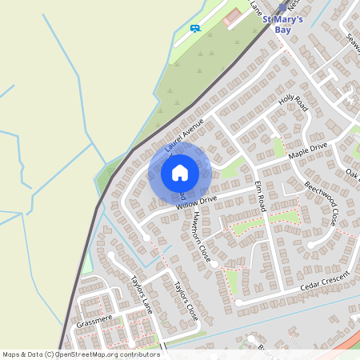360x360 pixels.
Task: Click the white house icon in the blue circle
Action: click(x=180, y=172)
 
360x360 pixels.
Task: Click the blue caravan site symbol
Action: click(x=195, y=28)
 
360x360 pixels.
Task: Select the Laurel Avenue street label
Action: click(x=185, y=135)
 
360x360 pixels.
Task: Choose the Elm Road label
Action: click(x=260, y=195)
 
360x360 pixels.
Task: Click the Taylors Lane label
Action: click(x=141, y=294)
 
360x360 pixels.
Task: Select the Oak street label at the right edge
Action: click(x=352, y=173)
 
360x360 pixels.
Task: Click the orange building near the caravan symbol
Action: click(x=232, y=15)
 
